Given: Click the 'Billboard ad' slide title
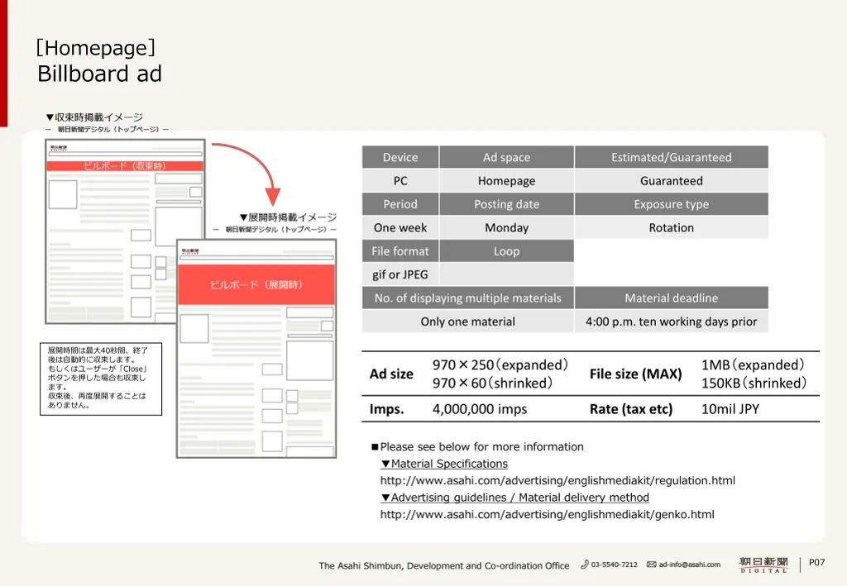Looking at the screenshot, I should (99, 74).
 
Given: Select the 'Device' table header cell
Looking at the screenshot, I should (400, 157).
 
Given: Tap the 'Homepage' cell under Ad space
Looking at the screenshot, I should (506, 181).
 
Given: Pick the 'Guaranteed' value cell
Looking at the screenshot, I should (671, 181).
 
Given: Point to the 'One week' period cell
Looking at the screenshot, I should (400, 228).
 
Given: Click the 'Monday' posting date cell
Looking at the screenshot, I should (506, 228).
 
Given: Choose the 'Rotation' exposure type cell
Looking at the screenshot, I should (671, 228).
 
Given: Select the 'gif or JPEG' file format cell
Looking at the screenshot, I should (400, 274).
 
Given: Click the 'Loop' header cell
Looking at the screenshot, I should (506, 251).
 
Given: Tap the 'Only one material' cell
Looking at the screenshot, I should (467, 322).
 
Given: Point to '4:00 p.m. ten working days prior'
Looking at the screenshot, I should (671, 322).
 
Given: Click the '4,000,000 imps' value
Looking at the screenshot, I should (480, 409).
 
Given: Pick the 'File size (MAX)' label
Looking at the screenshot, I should (635, 374).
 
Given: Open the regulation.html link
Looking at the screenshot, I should (557, 481).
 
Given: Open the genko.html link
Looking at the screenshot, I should (547, 515).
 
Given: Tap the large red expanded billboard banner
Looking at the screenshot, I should (256, 285).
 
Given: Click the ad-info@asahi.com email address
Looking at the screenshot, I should (689, 565).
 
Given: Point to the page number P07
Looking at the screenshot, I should (816, 563).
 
